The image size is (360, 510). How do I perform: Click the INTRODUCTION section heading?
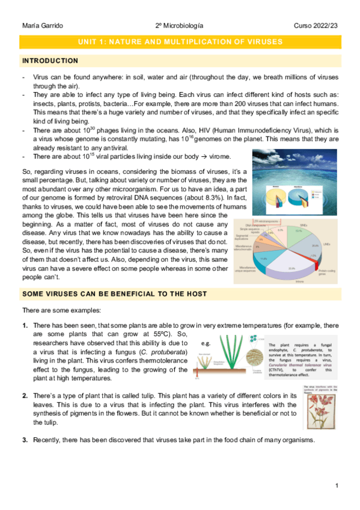(x=49, y=61)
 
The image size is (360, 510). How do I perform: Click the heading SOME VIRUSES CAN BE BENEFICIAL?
(x=114, y=293)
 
